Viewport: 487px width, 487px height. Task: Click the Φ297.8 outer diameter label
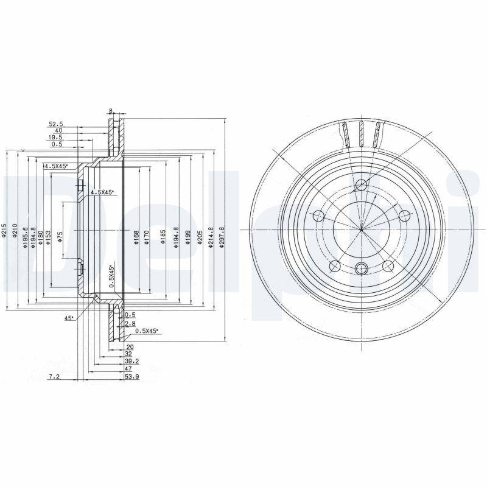pyautogui.click(x=222, y=236)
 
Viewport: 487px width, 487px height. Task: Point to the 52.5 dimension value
pyautogui.click(x=56, y=124)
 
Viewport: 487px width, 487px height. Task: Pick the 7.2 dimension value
pyautogui.click(x=54, y=377)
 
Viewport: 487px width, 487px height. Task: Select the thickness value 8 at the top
pyautogui.click(x=111, y=111)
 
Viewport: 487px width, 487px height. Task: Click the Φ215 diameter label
pyautogui.click(x=4, y=231)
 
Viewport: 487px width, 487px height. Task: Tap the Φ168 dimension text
pyautogui.click(x=136, y=236)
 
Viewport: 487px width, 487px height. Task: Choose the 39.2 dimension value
pyautogui.click(x=131, y=361)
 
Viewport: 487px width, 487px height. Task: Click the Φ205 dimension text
pyautogui.click(x=198, y=236)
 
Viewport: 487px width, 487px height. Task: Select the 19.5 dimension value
pyautogui.click(x=56, y=138)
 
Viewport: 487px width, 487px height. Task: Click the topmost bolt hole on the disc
pyautogui.click(x=361, y=185)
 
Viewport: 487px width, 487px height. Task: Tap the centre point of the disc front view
pyautogui.click(x=361, y=230)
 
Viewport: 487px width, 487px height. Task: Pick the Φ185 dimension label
pyautogui.click(x=163, y=236)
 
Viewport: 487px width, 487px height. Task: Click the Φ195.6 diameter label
pyautogui.click(x=24, y=234)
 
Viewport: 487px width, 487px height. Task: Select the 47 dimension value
pyautogui.click(x=128, y=369)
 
